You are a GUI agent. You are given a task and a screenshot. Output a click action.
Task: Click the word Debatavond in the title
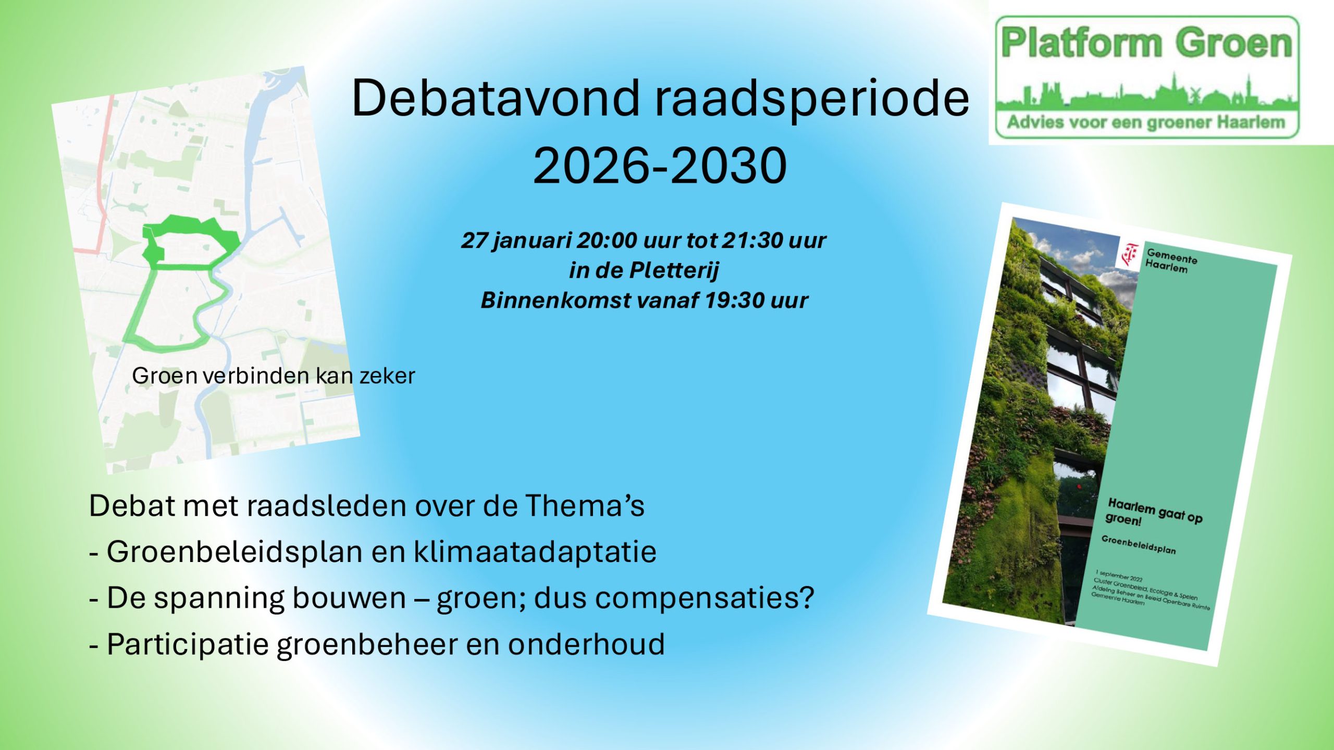click(x=495, y=97)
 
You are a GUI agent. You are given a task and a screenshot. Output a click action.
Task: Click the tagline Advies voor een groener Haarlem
click(x=1146, y=122)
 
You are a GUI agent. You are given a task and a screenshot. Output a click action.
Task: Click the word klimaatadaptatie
click(x=535, y=552)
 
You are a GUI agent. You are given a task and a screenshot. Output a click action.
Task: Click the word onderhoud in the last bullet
click(x=586, y=644)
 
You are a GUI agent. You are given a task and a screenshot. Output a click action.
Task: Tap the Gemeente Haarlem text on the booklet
click(x=1170, y=261)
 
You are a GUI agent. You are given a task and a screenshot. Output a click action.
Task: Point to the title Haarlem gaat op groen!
click(x=1153, y=512)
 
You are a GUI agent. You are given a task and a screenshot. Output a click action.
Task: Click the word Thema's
click(x=585, y=506)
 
